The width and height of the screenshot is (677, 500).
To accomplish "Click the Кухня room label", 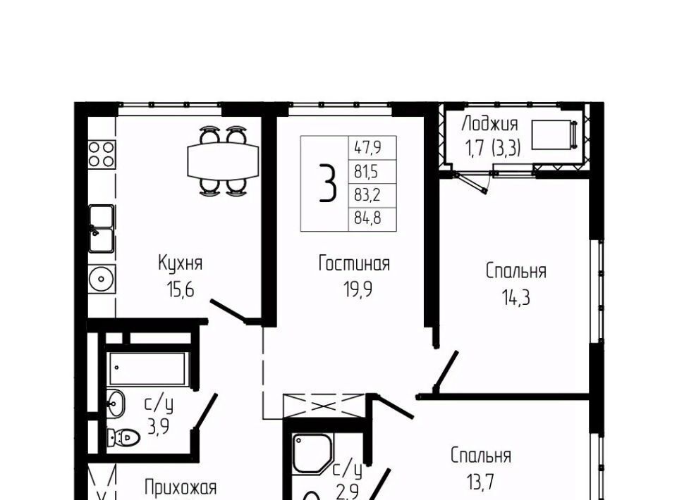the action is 181,263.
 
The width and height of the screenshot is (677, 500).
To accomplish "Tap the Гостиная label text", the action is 354,263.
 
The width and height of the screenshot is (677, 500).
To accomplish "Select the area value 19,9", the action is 358,289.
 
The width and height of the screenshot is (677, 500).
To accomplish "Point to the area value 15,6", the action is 181,289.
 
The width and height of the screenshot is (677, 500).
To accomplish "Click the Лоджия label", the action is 489,124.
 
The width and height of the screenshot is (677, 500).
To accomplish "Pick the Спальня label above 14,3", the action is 516,272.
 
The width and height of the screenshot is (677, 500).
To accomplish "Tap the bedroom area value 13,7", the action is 480,482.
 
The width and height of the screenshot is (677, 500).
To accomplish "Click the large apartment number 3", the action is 328,184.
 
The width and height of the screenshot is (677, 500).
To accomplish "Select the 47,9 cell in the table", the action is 367,149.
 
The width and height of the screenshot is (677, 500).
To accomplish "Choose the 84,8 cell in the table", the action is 367,218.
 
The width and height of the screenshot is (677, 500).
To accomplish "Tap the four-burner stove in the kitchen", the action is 102,154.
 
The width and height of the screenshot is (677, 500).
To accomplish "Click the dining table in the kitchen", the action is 224,162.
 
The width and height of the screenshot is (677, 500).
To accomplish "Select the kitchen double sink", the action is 102,229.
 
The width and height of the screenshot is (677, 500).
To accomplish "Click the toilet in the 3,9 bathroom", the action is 123,438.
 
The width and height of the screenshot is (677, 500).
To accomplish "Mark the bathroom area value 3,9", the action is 158,427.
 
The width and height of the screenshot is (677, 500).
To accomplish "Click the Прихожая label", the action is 181,487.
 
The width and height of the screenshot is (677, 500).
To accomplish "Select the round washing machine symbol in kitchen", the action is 102,279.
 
